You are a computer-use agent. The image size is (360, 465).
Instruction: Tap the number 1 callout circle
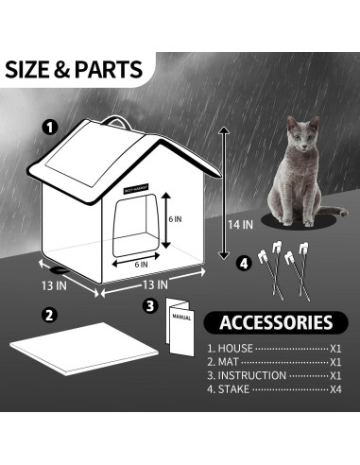point(50,126)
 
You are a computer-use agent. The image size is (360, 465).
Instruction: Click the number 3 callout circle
point(149,305)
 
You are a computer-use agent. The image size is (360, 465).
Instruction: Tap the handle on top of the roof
point(116,122)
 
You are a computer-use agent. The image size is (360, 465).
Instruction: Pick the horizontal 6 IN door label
point(140,264)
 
